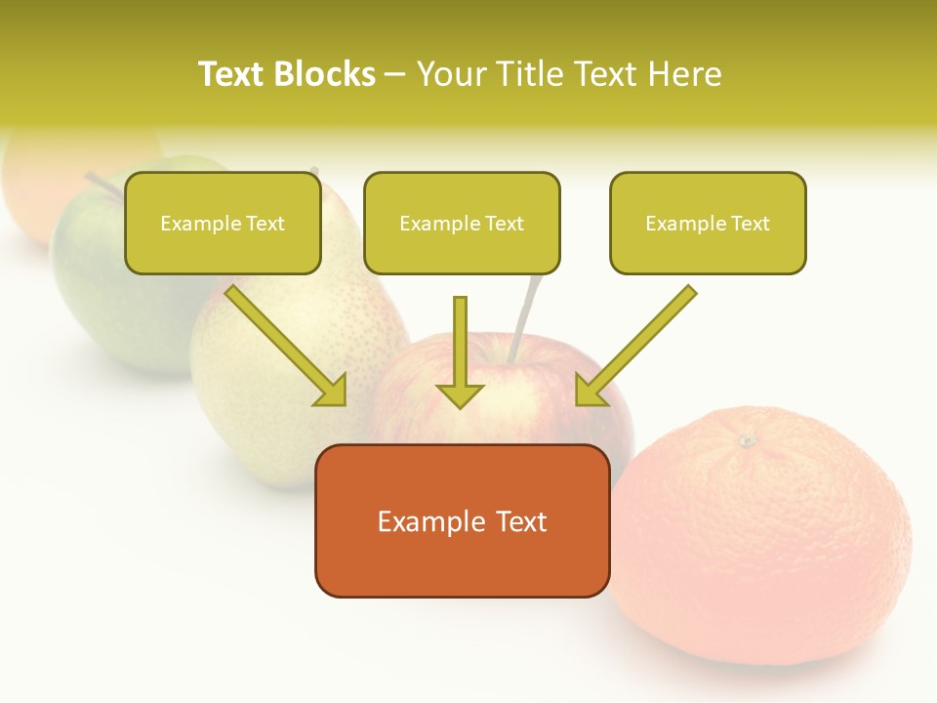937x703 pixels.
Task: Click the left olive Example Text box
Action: [x=223, y=224]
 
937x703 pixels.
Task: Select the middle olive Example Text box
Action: [x=462, y=224]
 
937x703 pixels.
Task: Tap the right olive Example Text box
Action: [x=708, y=224]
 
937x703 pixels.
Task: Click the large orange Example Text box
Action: [x=462, y=520]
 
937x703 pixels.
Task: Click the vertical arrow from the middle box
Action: [x=460, y=351]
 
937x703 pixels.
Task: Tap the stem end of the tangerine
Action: [x=748, y=441]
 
